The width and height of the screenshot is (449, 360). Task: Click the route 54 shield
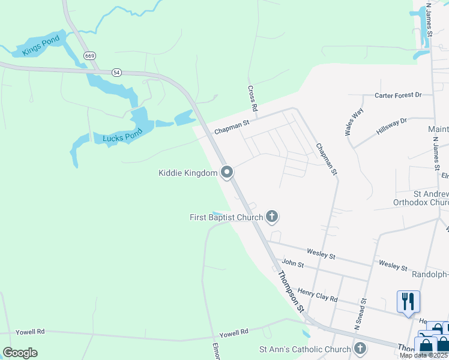click(116, 72)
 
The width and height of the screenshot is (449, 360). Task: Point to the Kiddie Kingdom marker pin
click(227, 173)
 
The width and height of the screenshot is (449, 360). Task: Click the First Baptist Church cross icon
click(272, 217)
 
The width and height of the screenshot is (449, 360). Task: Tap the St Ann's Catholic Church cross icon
click(360, 349)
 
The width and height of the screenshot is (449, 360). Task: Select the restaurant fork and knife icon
click(408, 300)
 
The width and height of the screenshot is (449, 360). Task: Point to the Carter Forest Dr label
click(399, 95)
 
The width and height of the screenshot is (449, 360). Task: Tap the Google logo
click(20, 353)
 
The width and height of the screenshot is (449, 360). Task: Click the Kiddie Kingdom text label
click(187, 173)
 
